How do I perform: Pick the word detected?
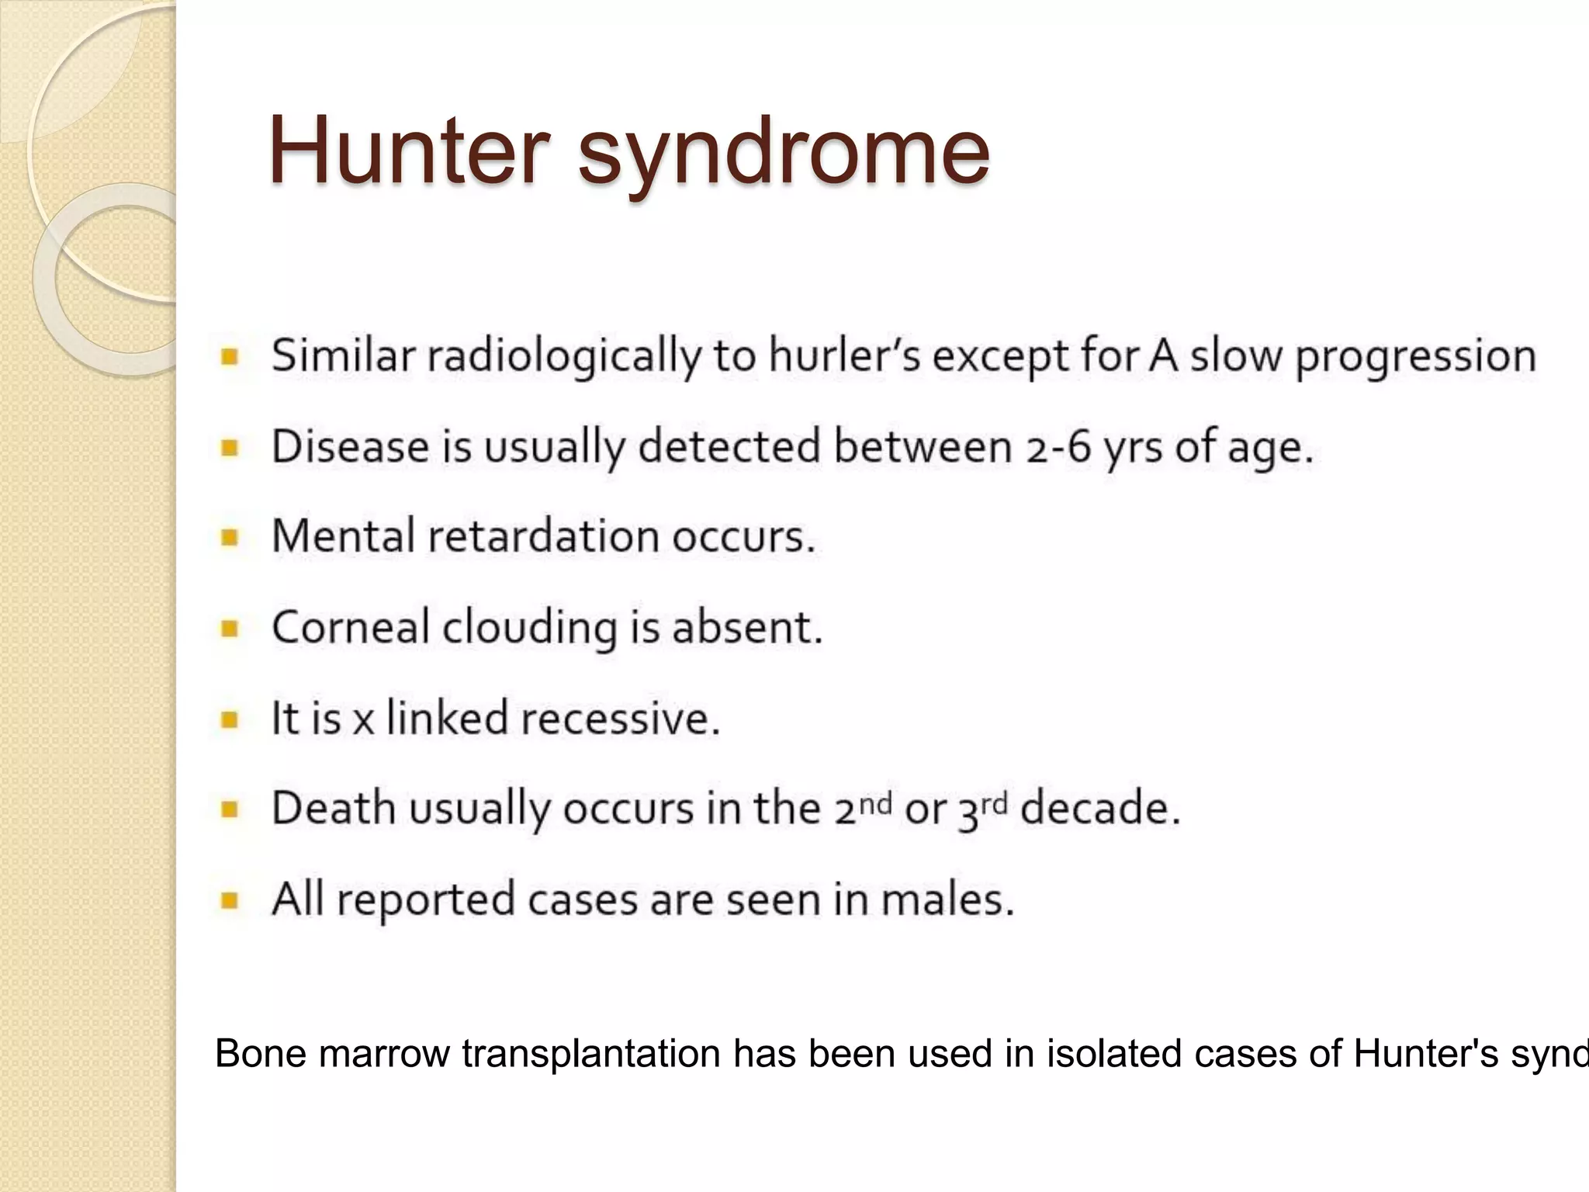[729, 447]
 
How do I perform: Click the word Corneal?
[350, 627]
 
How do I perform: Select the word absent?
[746, 627]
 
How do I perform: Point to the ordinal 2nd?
[863, 808]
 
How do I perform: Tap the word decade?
[1099, 809]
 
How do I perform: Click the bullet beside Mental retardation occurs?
[230, 537]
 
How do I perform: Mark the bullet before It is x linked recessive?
[230, 719]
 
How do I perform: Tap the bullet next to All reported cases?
[230, 899]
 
